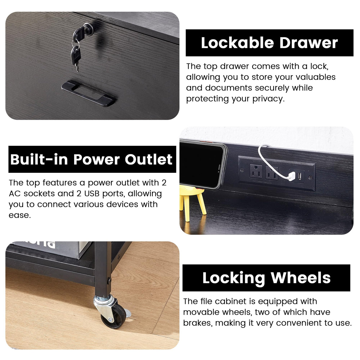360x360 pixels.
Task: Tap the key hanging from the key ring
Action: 76,57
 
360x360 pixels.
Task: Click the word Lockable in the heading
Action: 237,43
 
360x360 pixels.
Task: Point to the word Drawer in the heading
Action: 309,43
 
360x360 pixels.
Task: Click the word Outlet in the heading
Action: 148,159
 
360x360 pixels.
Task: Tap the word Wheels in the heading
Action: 301,278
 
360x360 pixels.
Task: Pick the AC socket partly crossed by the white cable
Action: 271,173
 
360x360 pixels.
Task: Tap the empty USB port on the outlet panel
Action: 299,176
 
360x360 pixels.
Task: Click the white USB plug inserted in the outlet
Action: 292,176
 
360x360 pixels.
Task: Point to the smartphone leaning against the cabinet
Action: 203,164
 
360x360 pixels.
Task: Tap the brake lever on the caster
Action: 128,313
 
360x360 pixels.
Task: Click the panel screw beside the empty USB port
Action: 310,177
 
